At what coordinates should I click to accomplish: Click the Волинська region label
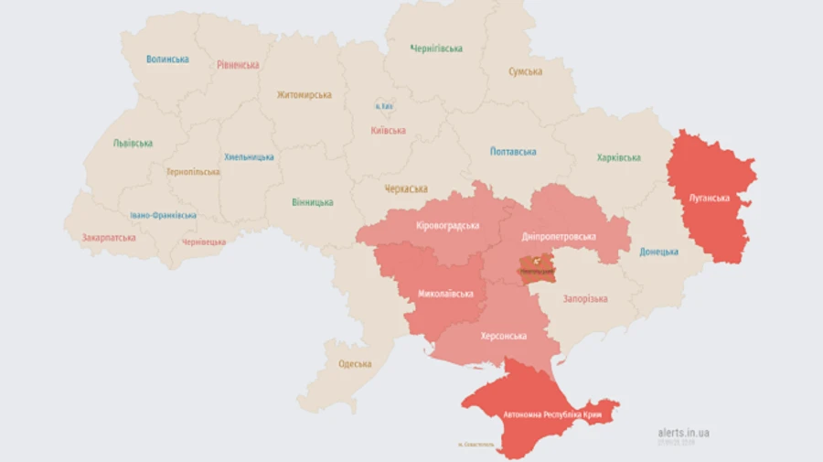pos(167,59)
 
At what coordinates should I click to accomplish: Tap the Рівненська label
pos(238,65)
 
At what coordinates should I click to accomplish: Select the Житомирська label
pos(305,94)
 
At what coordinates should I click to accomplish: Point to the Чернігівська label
pos(436,48)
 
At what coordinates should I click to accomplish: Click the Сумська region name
pos(525,71)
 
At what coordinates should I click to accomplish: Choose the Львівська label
pos(133,144)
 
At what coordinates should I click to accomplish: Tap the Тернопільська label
pos(193,172)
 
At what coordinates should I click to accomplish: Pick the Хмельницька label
pos(249,156)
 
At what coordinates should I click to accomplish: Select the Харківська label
pos(618,157)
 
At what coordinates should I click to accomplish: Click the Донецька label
pos(658,252)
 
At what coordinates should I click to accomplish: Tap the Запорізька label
pos(585,299)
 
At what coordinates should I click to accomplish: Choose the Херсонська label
pos(503,336)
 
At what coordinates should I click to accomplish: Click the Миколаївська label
pos(445,294)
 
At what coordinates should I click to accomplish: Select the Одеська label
pos(355,363)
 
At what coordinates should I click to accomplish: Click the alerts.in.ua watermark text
pos(684,433)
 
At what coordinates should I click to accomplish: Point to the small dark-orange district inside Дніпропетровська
pos(538,267)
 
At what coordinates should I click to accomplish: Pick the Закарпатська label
pos(109,237)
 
